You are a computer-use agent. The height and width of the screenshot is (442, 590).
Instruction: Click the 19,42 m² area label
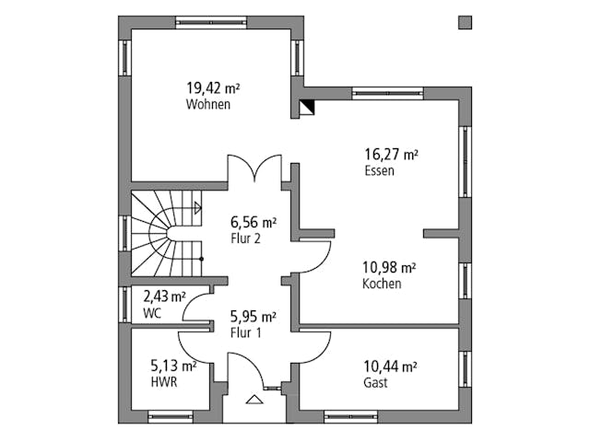coord(212,88)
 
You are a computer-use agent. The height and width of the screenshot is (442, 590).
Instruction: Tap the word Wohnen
coord(207,105)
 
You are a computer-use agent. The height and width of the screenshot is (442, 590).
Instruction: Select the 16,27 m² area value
coord(391,155)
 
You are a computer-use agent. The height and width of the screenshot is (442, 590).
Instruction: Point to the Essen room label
coord(379,171)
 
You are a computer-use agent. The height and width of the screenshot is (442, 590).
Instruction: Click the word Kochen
coord(381,285)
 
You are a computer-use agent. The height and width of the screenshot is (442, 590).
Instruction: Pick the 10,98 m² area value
coord(388,268)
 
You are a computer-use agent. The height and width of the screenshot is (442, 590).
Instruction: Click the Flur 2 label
coord(245,238)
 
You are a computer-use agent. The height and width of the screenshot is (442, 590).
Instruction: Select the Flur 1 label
coord(245,332)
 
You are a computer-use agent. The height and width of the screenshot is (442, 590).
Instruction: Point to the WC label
coord(152,313)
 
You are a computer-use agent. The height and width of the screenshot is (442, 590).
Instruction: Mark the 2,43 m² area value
coord(163,297)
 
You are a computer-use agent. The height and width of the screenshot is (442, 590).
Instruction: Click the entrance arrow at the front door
coord(253,401)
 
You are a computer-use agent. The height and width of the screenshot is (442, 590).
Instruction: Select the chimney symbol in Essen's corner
coord(307,107)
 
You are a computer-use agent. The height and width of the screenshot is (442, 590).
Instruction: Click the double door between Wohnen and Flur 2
coord(254,170)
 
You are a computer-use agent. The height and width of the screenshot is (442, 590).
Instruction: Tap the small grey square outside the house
coord(465,22)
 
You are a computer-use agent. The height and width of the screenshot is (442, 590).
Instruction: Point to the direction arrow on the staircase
coord(196,208)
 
